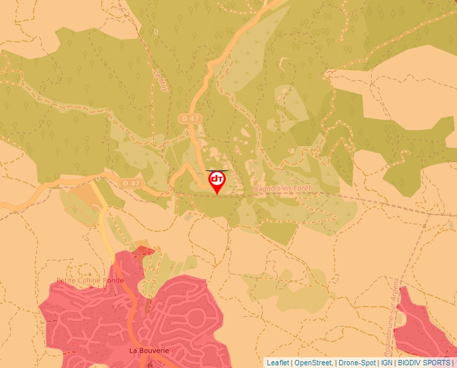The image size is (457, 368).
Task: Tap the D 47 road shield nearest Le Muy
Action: (190, 118)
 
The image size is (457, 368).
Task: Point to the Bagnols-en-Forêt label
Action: (282, 190)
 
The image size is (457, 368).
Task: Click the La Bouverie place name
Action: (149, 351)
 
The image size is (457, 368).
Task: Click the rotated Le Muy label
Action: (160, 80)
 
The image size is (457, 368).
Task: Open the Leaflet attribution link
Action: (278, 363)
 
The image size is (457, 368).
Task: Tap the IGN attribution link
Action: (386, 363)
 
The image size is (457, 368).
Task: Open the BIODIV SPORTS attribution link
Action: (424, 363)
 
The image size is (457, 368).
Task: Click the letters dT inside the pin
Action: (217, 180)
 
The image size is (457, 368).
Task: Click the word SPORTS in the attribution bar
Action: (438, 363)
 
